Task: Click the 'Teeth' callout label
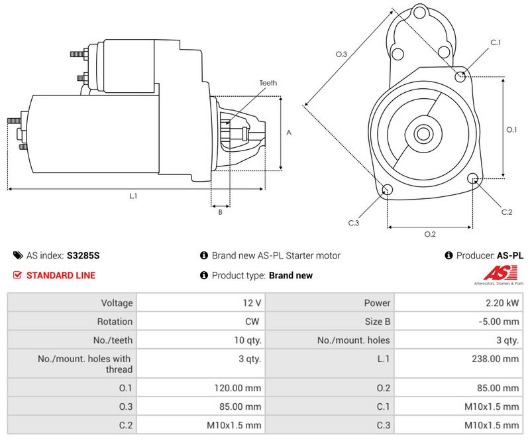tap(268, 83)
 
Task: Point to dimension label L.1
tap(133, 196)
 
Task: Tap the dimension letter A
tap(289, 133)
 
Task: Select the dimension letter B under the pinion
tap(221, 212)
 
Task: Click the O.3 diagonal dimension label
tap(341, 54)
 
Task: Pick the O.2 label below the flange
tap(430, 234)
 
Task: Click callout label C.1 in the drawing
tap(496, 42)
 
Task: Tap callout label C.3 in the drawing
tap(354, 223)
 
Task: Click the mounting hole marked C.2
tap(473, 178)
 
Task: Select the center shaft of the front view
tap(423, 134)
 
